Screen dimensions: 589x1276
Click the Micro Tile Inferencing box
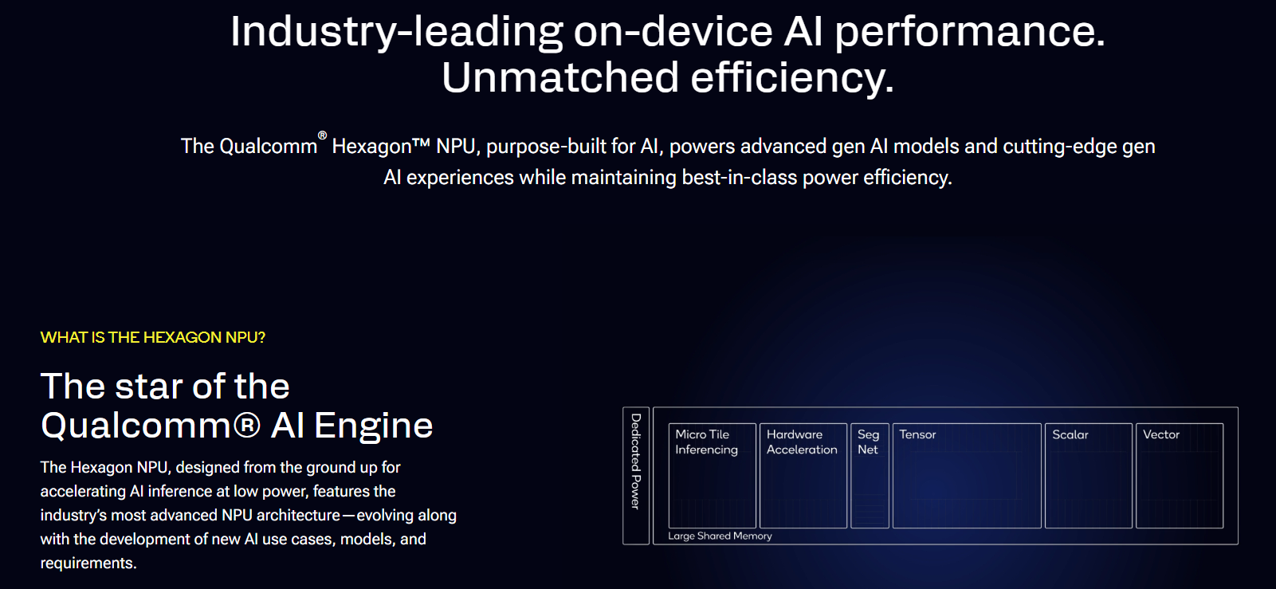[712, 476]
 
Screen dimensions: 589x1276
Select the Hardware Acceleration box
[803, 476]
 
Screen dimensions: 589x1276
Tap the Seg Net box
[870, 476]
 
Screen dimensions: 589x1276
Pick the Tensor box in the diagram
[967, 476]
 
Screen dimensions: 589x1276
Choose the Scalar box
[1088, 476]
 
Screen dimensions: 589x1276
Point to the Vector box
[1179, 476]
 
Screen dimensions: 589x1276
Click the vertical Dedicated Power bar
[636, 476]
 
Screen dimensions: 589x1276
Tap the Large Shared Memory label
[720, 536]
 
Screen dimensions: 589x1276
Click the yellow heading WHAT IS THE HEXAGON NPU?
[153, 337]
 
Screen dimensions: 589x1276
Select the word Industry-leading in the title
[396, 32]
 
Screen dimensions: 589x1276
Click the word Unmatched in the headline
[560, 78]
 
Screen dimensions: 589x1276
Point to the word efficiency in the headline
[791, 78]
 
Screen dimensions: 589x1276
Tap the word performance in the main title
[969, 32]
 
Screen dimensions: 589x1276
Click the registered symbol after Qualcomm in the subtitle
[322, 135]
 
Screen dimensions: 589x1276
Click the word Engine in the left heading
[373, 426]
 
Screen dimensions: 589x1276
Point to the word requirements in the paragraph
[88, 563]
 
